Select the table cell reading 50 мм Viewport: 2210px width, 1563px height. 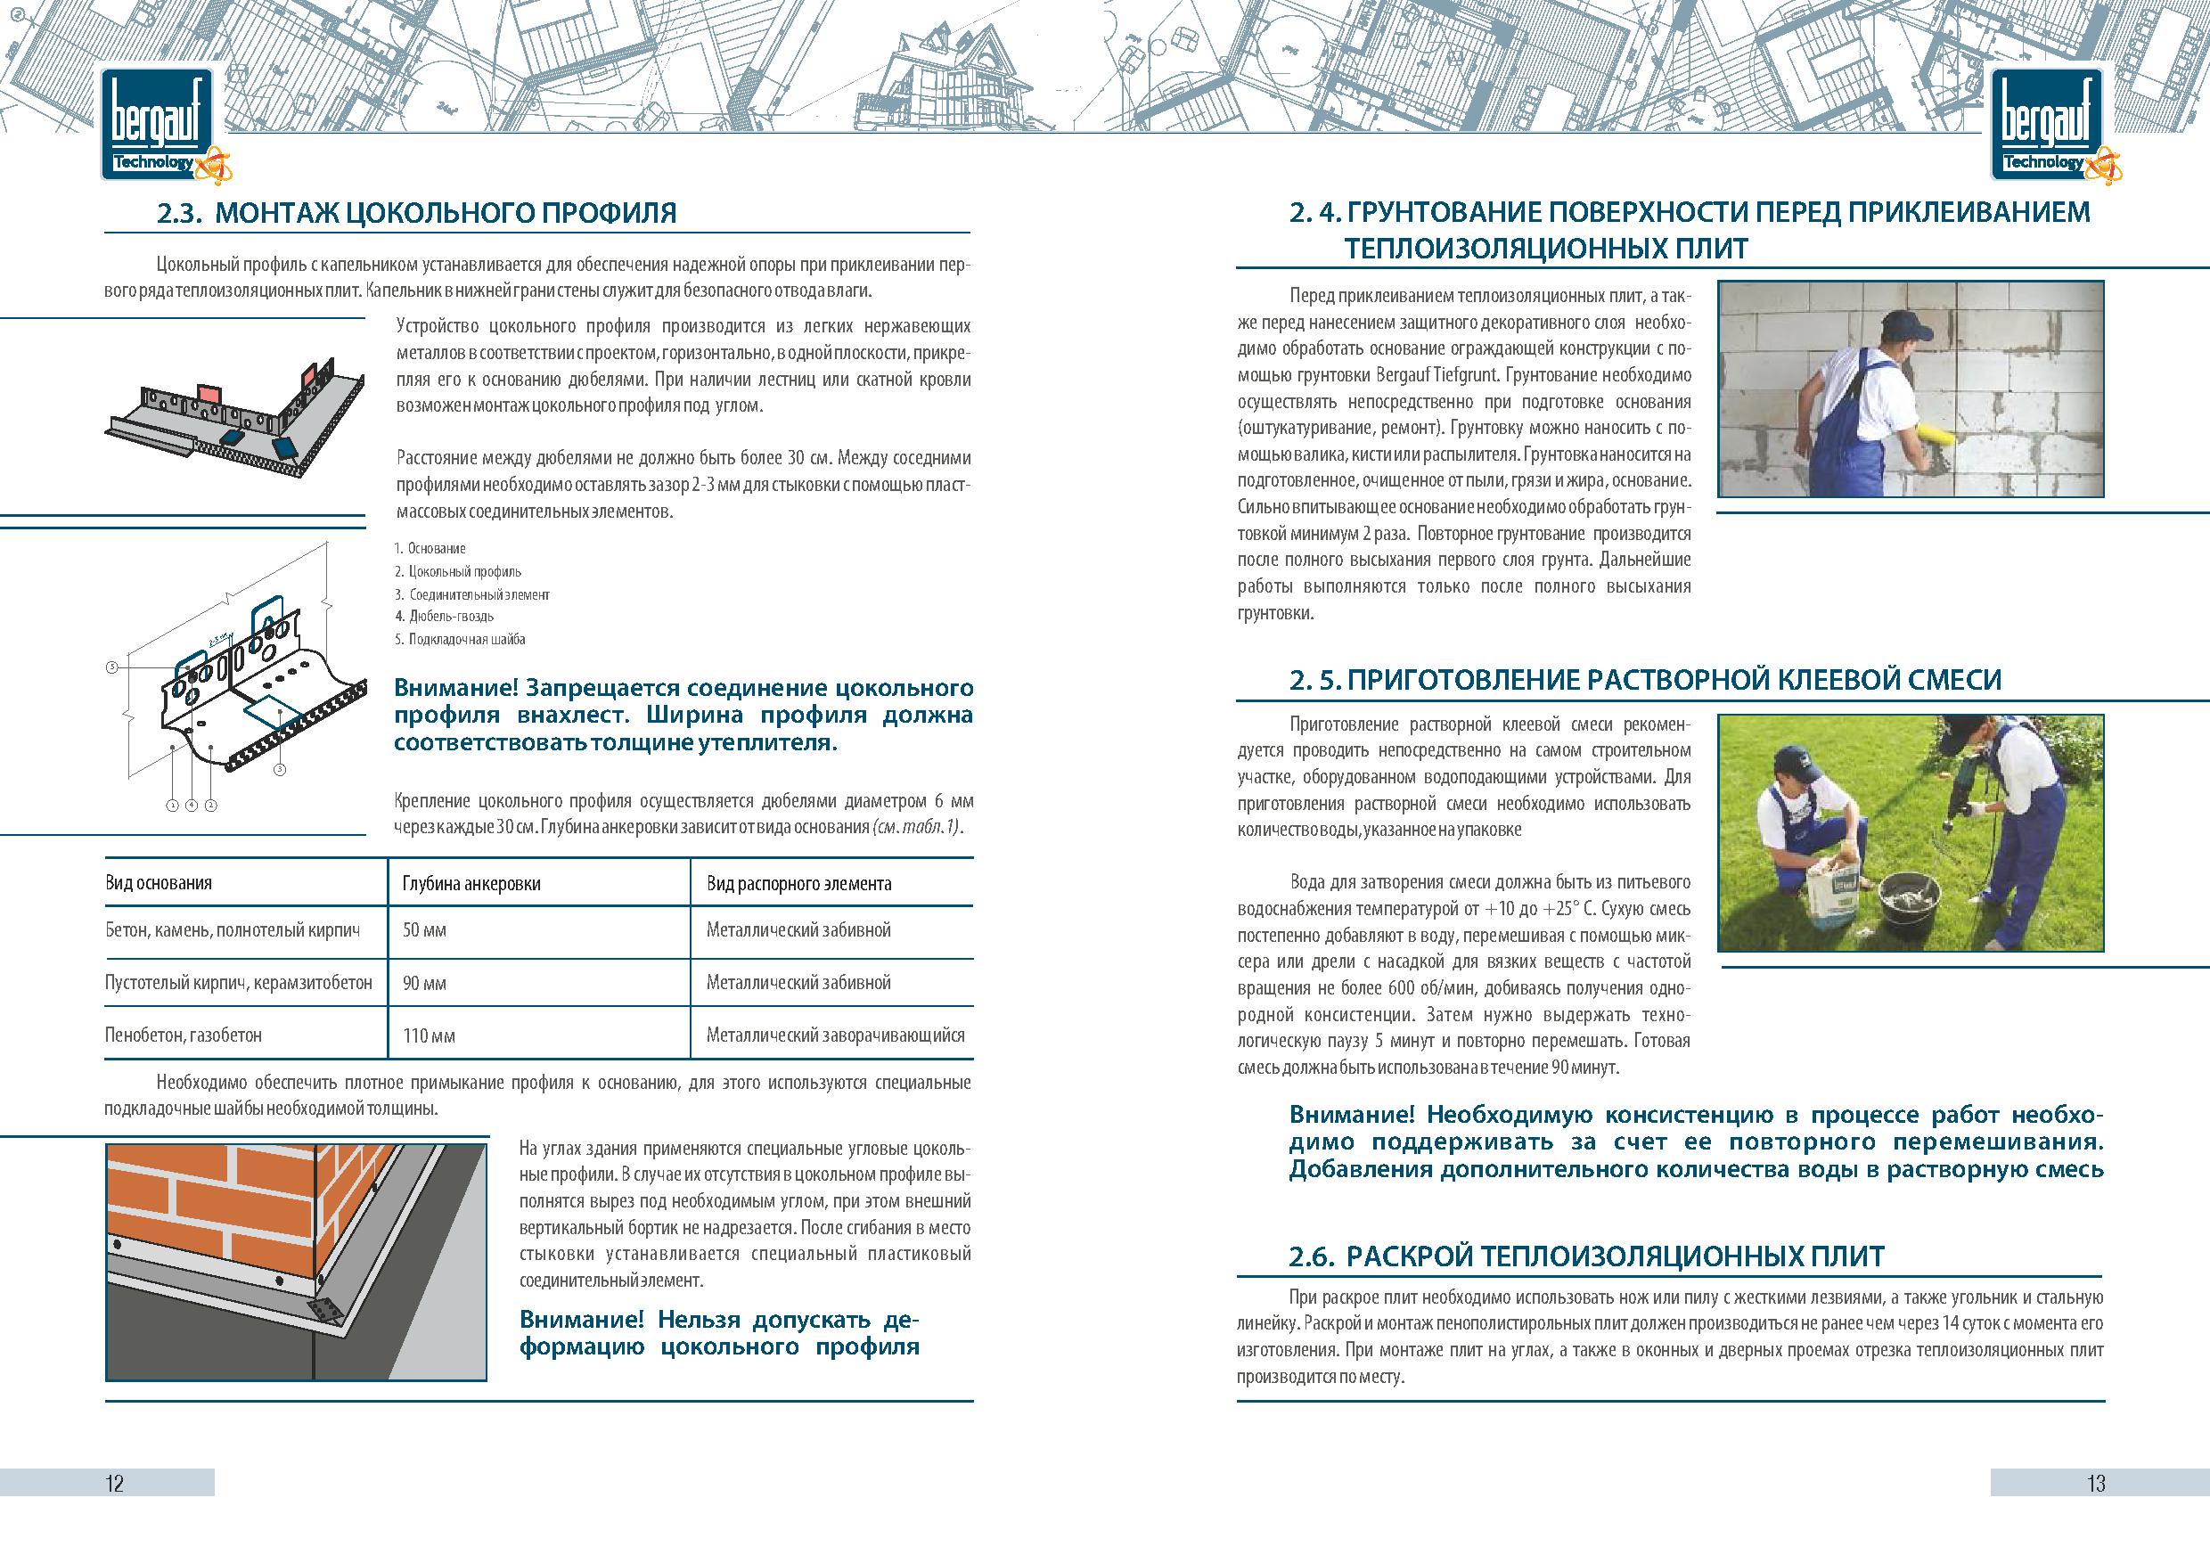pyautogui.click(x=424, y=930)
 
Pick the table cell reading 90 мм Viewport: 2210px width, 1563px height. pyautogui.click(x=424, y=984)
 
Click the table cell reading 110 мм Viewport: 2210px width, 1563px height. pyautogui.click(x=430, y=1035)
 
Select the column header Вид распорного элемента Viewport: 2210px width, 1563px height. pyautogui.click(x=799, y=883)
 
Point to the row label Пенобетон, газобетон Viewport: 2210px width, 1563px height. pyautogui.click(x=183, y=1035)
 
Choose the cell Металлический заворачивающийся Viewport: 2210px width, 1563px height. pyautogui.click(x=834, y=1035)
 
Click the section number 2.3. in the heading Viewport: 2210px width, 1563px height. pyautogui.click(x=179, y=213)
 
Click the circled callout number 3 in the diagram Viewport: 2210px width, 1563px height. pyautogui.click(x=280, y=769)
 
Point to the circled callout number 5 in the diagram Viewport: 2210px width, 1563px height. pyautogui.click(x=111, y=666)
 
